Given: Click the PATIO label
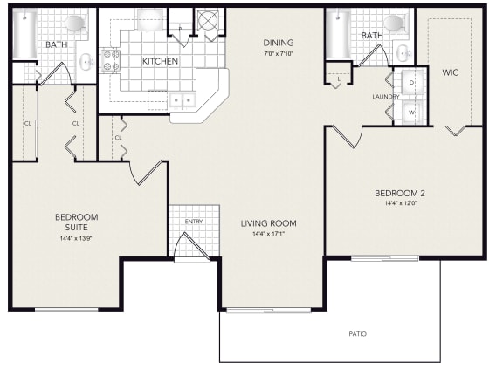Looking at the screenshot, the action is (357, 334).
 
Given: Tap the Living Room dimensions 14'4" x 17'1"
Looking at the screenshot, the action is (268, 234).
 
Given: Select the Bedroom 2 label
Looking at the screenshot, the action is (400, 193).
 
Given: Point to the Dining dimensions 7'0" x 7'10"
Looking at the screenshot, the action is (279, 53).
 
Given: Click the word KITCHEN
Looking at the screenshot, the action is (160, 61).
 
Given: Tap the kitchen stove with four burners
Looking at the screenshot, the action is (111, 60).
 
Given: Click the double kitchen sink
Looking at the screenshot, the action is (183, 100).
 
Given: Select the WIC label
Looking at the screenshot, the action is (450, 72).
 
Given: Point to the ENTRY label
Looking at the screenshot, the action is (194, 222).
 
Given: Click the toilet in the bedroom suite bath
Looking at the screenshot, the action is (76, 23).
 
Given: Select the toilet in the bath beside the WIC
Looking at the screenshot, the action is (396, 23).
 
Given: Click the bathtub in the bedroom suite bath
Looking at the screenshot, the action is (24, 33).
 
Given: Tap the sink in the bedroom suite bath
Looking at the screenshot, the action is (86, 61).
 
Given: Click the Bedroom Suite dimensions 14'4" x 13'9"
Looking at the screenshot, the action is (76, 238).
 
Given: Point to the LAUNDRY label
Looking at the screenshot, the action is (386, 97).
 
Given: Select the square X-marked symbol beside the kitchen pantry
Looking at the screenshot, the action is (208, 21).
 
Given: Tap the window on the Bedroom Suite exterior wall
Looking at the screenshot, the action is (66, 310).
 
